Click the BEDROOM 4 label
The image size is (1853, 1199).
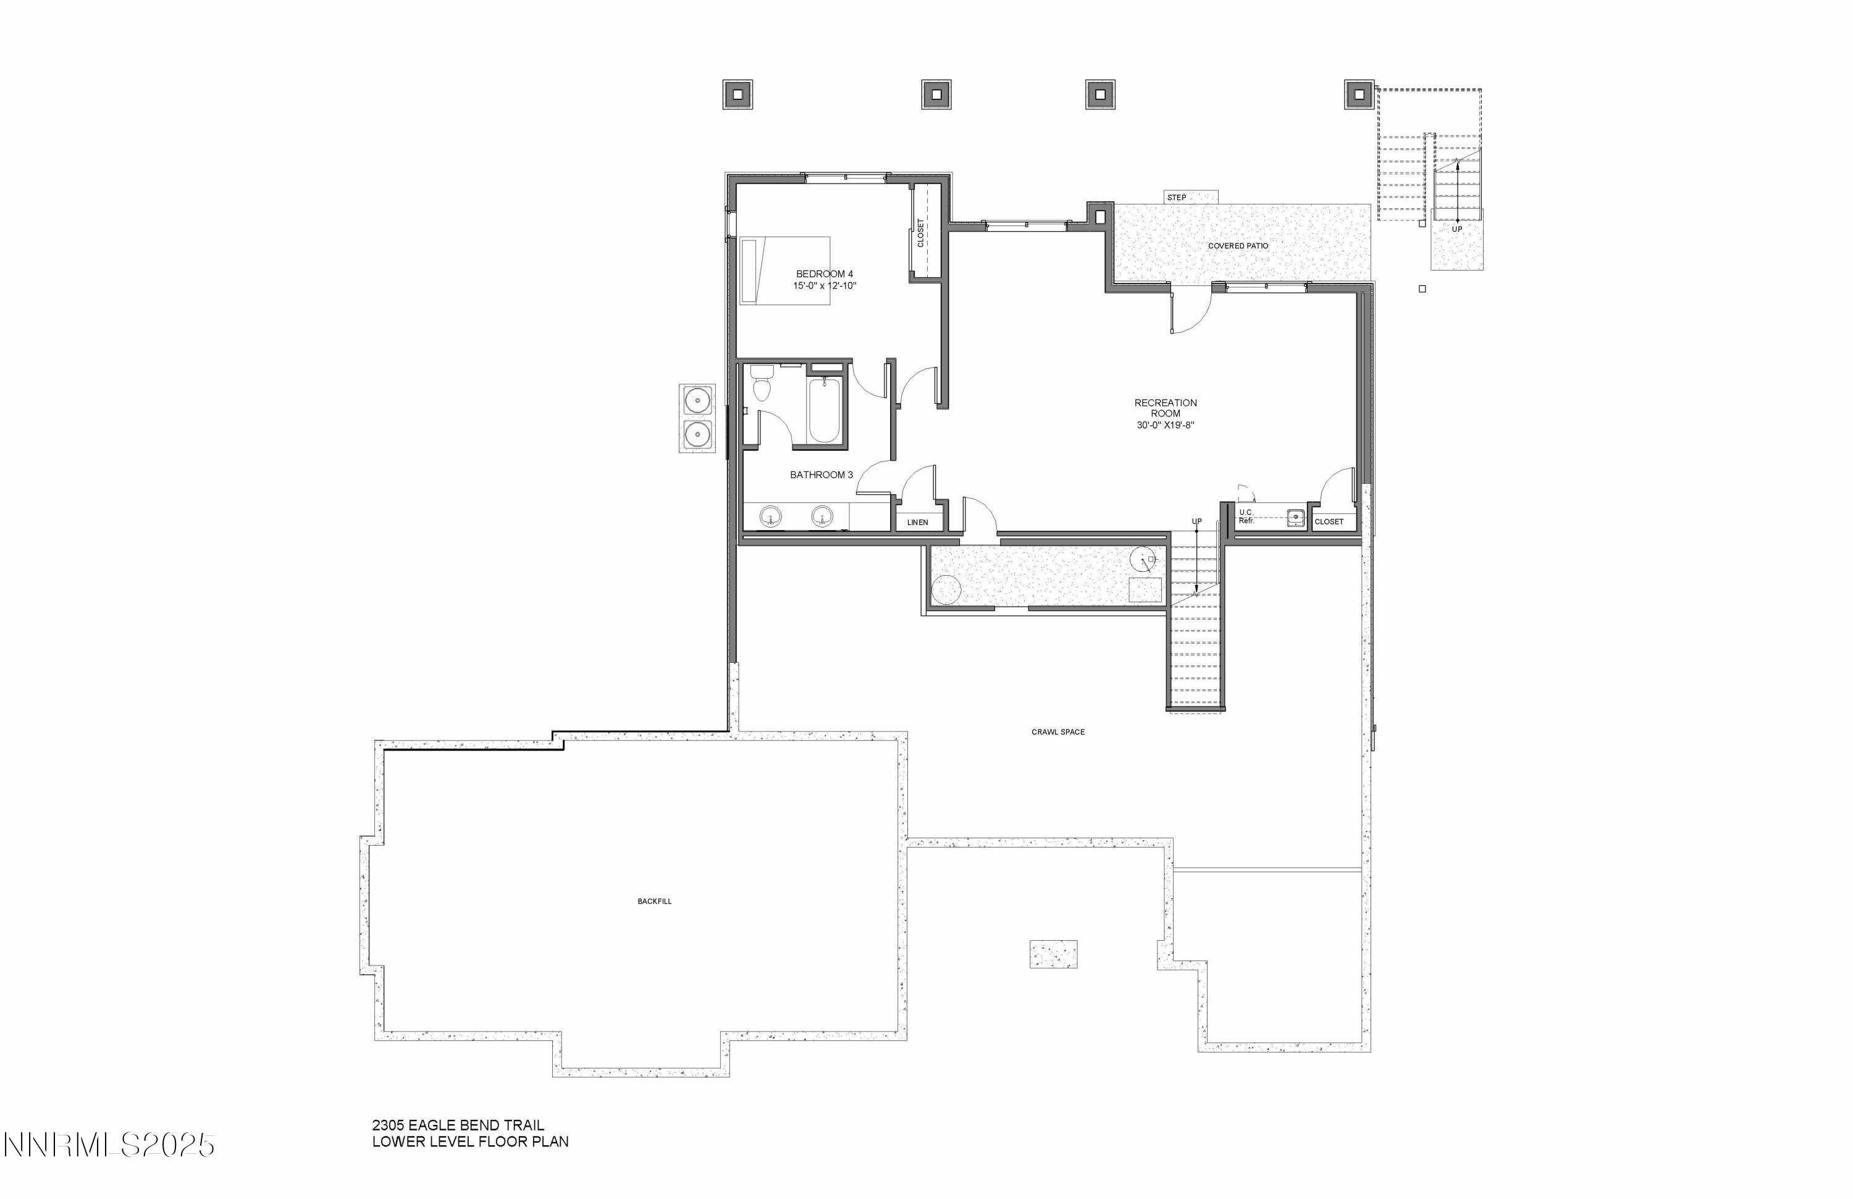(x=824, y=274)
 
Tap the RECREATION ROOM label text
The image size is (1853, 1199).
(x=1165, y=408)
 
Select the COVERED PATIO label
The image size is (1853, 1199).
(x=1238, y=246)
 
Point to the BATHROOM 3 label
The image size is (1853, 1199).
(x=821, y=475)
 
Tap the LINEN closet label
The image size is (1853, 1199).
(x=917, y=523)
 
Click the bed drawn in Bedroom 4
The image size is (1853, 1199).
(x=784, y=270)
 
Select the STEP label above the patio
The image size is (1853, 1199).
(x=1177, y=198)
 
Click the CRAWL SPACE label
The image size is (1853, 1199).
(x=1057, y=733)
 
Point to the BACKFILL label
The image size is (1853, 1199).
(x=654, y=902)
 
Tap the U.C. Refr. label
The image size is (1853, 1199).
(x=1246, y=516)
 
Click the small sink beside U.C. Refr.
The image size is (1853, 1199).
(x=1295, y=517)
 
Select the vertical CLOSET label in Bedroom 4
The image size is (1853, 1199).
(x=921, y=233)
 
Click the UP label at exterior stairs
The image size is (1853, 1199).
(x=1456, y=230)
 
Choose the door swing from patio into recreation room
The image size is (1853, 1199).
(x=1189, y=311)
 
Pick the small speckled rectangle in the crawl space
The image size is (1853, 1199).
(x=1053, y=954)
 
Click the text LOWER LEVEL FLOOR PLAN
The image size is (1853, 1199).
(x=470, y=1142)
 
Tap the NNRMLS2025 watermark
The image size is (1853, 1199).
(x=109, y=1145)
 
